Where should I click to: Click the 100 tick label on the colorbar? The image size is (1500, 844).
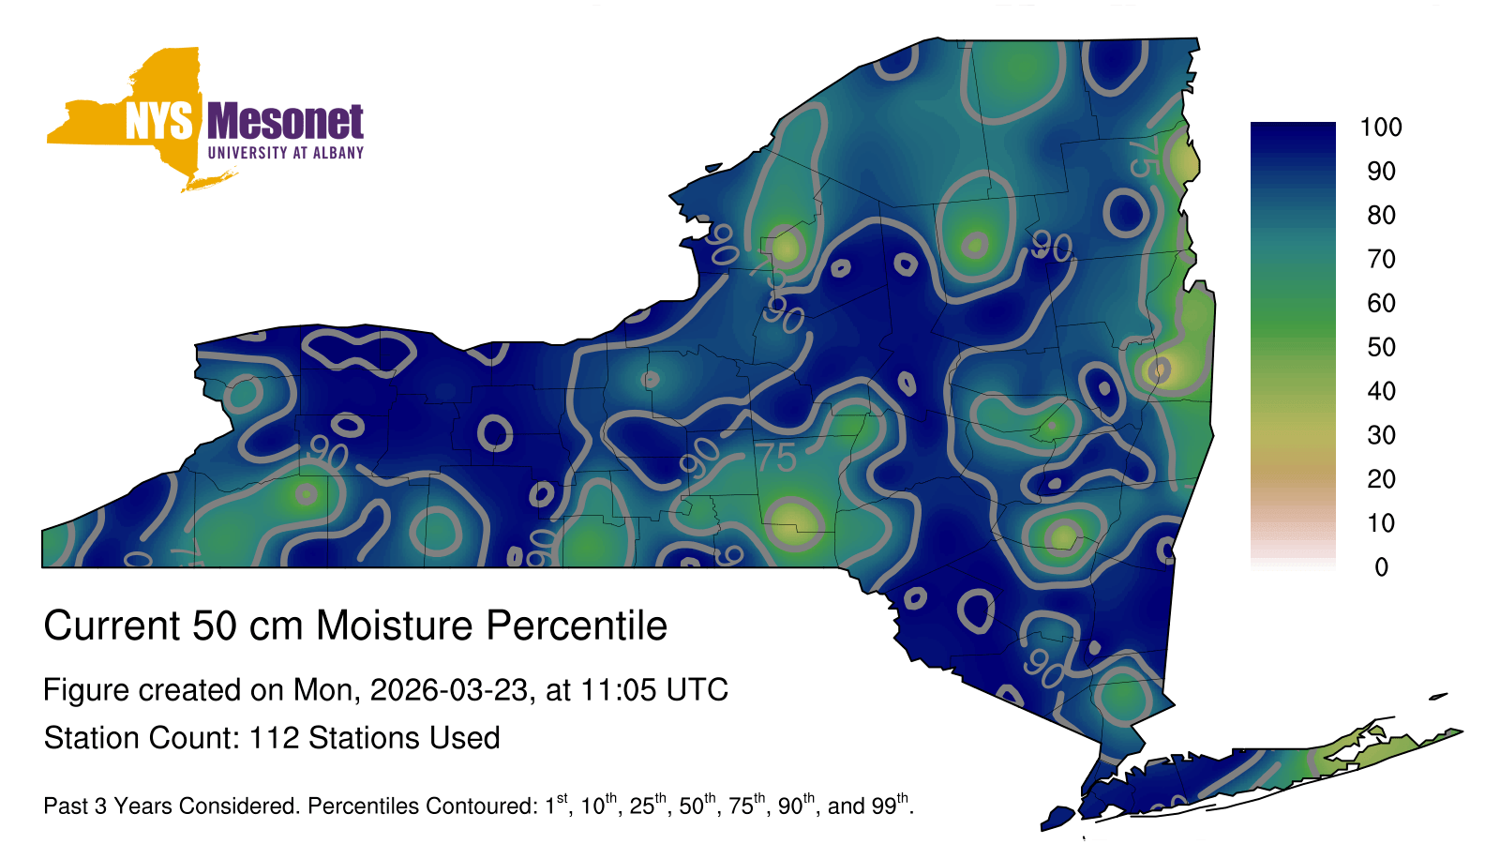pos(1381,128)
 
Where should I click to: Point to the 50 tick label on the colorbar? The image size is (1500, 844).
pos(1381,347)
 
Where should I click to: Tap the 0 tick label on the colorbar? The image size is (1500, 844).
pos(1381,567)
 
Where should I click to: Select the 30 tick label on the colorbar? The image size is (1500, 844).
pos(1381,435)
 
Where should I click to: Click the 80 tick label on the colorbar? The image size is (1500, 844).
pos(1381,215)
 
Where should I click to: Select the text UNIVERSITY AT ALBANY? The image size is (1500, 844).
pos(285,153)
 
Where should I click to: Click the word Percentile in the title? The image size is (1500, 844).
pos(577,625)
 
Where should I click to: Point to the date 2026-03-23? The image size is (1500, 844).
pos(448,689)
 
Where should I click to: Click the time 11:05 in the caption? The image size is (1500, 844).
pos(618,689)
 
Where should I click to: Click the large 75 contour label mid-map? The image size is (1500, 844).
pos(776,459)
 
